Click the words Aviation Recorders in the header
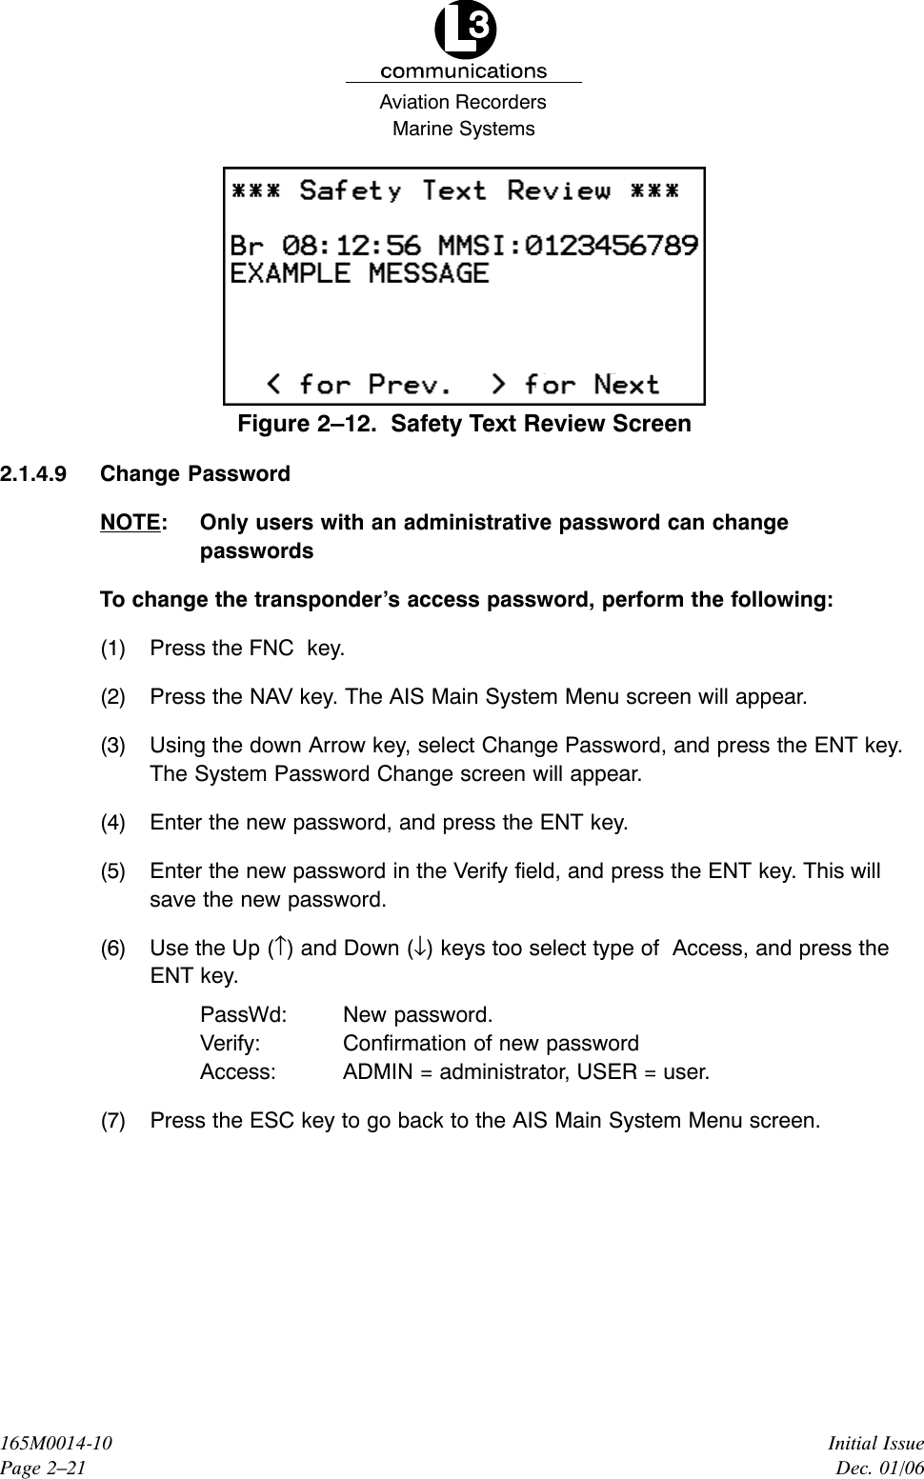(463, 102)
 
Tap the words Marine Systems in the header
(464, 129)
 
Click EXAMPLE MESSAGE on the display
(359, 273)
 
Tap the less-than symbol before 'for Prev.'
(274, 384)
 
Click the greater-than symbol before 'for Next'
(499, 384)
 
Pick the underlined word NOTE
(129, 522)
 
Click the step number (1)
(113, 649)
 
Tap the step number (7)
(113, 1120)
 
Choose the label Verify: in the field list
(231, 1043)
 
